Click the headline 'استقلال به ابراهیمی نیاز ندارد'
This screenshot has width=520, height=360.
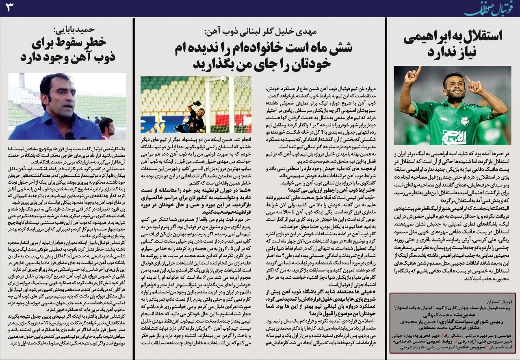pyautogui.click(x=453, y=43)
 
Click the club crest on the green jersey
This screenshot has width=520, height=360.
pyautogui.click(x=464, y=121)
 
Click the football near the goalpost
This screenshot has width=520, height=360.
pyautogui.click(x=224, y=80)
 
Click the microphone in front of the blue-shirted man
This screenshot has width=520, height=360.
pyautogui.click(x=70, y=136)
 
